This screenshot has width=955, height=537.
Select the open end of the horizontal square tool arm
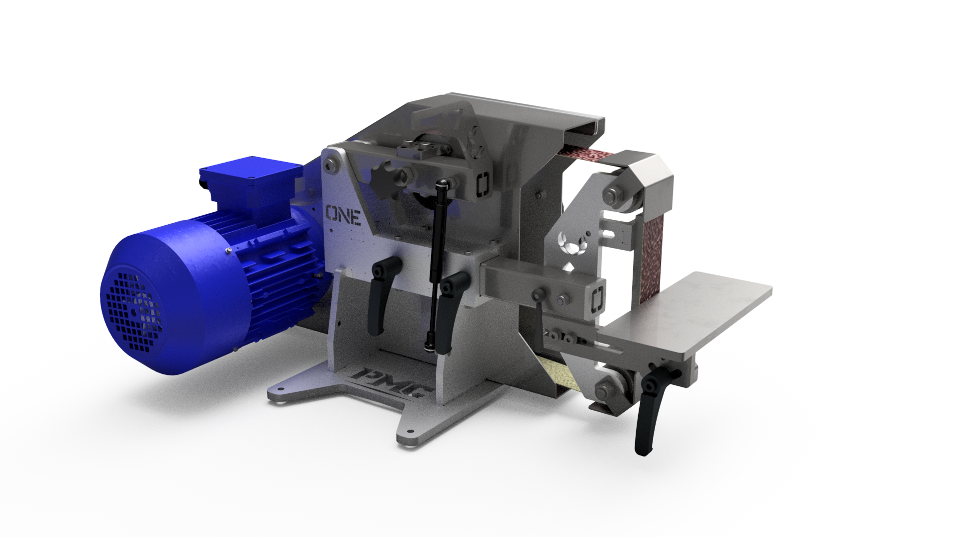pos(597,301)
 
